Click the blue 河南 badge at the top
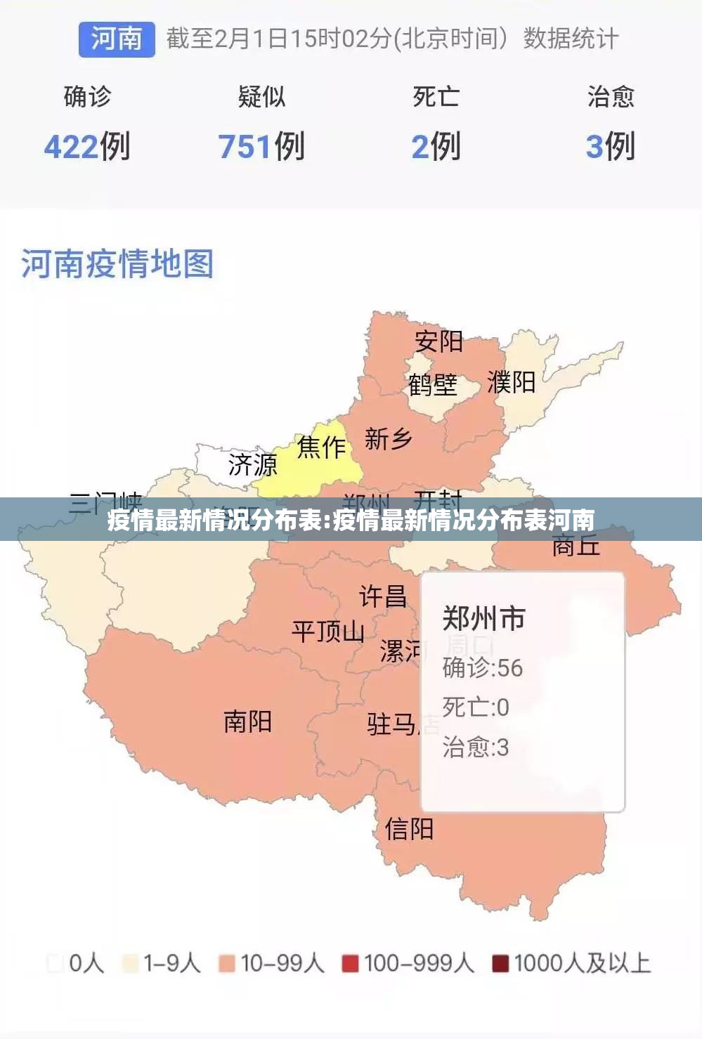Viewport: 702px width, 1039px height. (117, 39)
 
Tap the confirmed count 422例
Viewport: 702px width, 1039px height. (87, 147)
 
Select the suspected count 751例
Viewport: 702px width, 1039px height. (261, 147)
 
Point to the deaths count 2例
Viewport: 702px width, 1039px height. (436, 147)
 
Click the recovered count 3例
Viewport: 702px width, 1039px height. (610, 147)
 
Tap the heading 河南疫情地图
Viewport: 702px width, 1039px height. (117, 264)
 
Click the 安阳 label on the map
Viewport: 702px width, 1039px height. (438, 341)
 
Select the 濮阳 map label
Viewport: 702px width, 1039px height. (512, 383)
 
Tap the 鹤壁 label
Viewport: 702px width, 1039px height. (433, 384)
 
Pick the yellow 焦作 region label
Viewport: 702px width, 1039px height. (321, 447)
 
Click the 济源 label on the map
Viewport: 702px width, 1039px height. (253, 464)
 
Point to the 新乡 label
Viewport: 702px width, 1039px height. (388, 439)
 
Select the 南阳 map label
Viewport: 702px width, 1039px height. (247, 721)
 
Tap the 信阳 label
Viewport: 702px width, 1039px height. (409, 829)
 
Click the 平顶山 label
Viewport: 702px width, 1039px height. (328, 631)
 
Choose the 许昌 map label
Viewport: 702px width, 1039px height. (383, 596)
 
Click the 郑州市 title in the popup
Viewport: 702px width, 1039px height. (484, 619)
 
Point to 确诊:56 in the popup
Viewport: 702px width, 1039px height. (483, 667)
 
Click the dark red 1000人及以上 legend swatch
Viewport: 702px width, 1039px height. (500, 963)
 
